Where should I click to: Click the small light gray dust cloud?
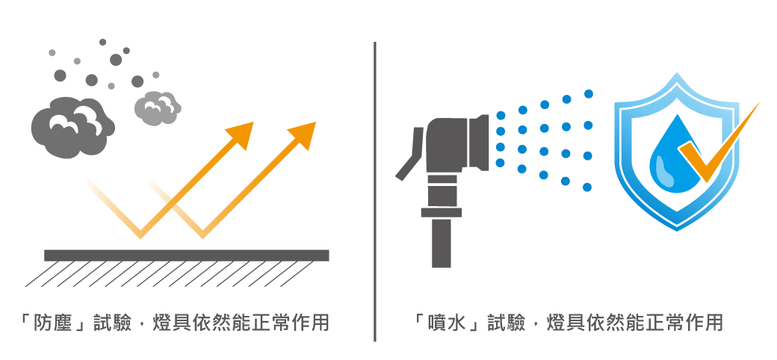158,108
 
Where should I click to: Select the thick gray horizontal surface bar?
186,255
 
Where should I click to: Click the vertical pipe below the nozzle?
442,239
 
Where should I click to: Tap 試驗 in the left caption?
113,323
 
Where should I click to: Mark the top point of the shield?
677,75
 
